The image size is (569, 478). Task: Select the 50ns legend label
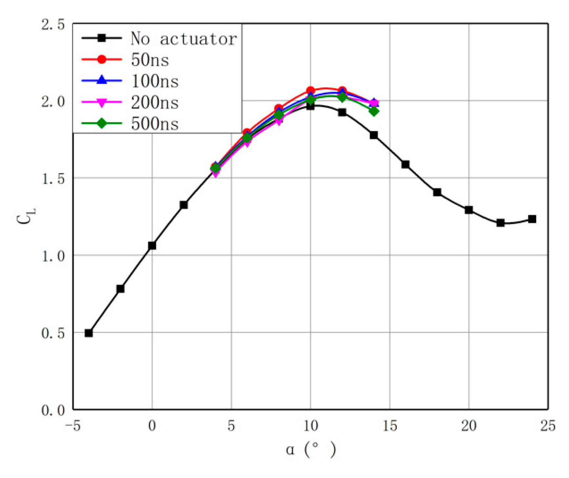click(150, 60)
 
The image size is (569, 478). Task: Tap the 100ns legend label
click(155, 81)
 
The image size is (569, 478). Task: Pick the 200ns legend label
click(155, 103)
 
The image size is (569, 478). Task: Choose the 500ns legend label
click(155, 124)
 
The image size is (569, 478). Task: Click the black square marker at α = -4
click(89, 333)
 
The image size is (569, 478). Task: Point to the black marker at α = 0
click(152, 245)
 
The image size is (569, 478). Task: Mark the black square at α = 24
click(532, 219)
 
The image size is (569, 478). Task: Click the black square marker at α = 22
click(500, 223)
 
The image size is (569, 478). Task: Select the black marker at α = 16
click(405, 164)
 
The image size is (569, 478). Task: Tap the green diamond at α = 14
click(374, 111)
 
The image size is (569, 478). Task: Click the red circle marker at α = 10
click(310, 90)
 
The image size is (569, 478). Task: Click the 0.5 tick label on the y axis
click(53, 333)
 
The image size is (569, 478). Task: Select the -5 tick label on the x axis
click(72, 426)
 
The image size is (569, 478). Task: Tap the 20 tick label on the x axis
click(469, 426)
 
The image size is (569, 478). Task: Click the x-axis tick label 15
click(390, 426)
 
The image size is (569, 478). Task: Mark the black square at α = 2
click(184, 205)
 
